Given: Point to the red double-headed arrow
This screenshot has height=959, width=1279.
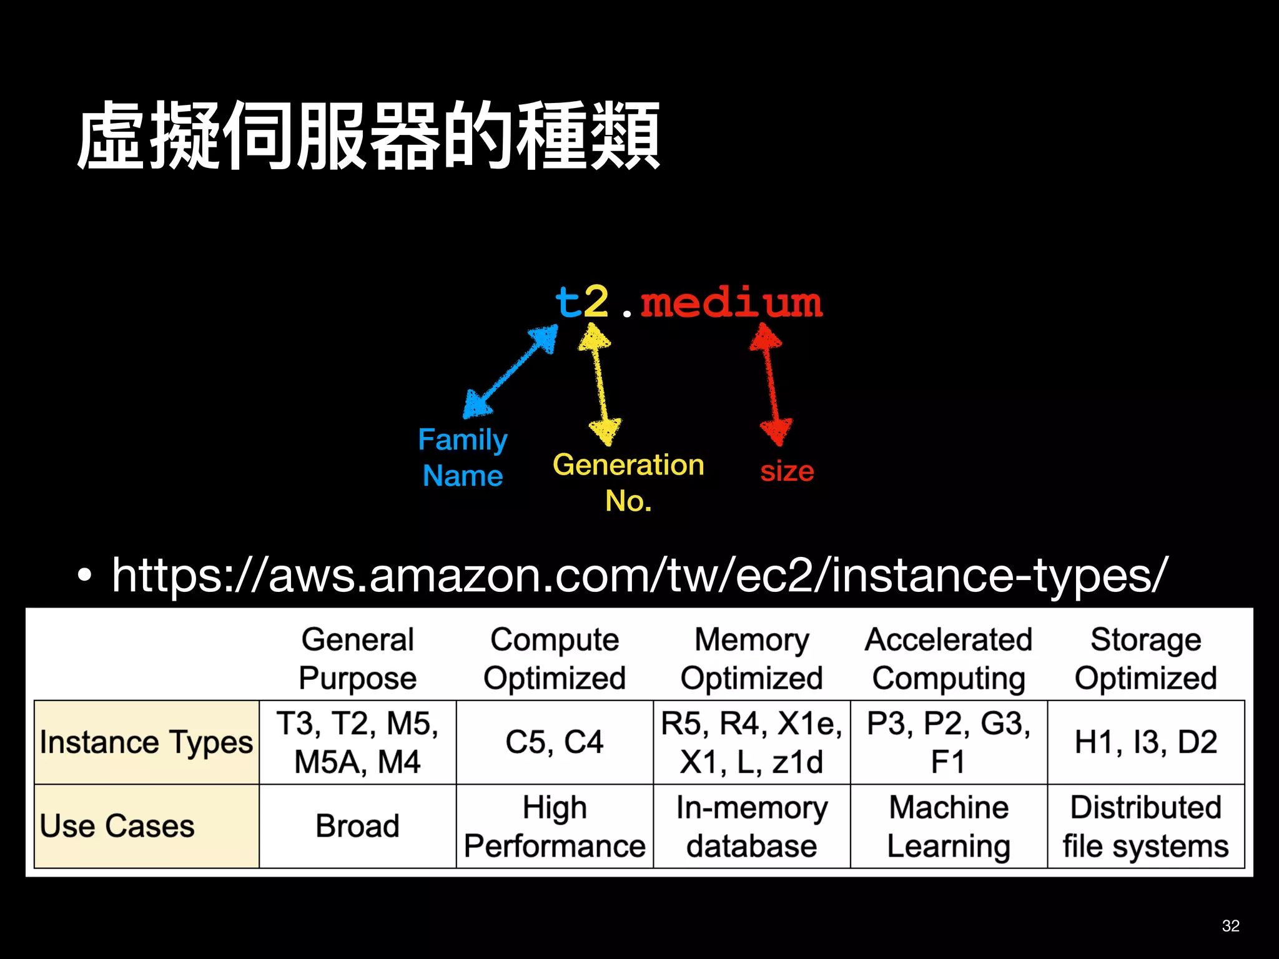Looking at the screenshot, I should (x=771, y=384).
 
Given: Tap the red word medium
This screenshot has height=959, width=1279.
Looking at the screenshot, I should (x=731, y=303).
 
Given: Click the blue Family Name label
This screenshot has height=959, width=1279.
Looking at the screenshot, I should (x=463, y=458).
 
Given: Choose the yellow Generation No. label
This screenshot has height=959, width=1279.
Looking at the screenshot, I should (x=628, y=482).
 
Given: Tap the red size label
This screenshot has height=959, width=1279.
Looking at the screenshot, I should (x=787, y=471).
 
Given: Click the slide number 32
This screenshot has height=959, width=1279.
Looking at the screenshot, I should (x=1230, y=925).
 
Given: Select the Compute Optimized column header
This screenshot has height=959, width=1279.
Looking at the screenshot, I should (x=555, y=659).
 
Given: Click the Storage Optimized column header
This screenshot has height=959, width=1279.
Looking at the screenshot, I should (x=1145, y=659).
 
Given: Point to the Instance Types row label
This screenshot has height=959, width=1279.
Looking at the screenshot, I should (x=146, y=742).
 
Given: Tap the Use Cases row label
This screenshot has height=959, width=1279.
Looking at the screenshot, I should (x=117, y=826).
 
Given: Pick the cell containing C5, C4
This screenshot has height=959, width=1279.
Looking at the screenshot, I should (x=555, y=742).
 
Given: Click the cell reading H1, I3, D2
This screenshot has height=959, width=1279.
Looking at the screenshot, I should (x=1145, y=742).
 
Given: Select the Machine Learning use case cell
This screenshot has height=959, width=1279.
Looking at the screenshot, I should (x=949, y=826).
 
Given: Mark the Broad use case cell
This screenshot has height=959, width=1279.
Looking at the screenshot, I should (x=357, y=826).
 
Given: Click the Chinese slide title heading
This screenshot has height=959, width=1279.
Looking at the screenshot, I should (x=368, y=136).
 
